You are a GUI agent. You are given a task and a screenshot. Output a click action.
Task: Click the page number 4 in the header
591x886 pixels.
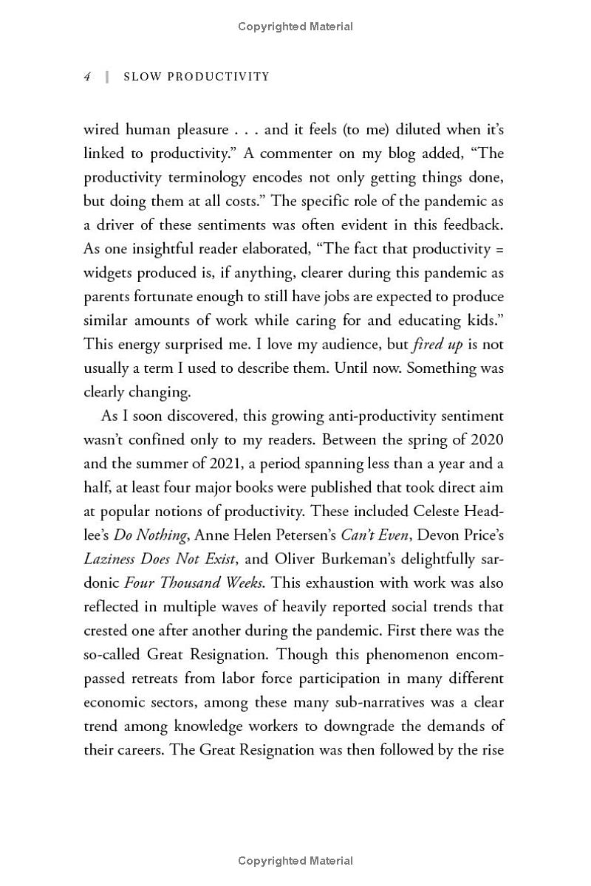[87, 77]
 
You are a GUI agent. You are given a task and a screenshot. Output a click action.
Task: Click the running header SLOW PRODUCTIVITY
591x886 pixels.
[197, 77]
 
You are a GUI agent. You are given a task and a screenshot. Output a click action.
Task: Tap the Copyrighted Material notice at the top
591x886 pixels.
[295, 27]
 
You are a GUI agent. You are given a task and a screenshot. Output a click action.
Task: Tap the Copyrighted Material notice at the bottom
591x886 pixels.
[295, 860]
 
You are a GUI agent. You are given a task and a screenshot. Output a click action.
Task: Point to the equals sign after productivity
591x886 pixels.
[500, 249]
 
